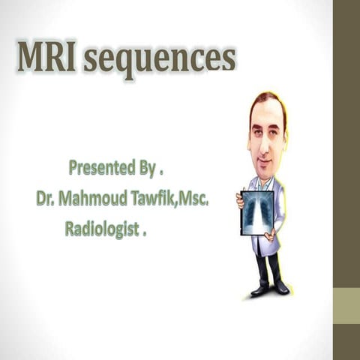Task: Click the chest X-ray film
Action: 257,212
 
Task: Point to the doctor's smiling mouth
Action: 265,160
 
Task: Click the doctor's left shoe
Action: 259,290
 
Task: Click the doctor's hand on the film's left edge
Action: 240,200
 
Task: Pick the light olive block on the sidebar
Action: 346,306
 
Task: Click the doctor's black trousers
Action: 268,266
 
